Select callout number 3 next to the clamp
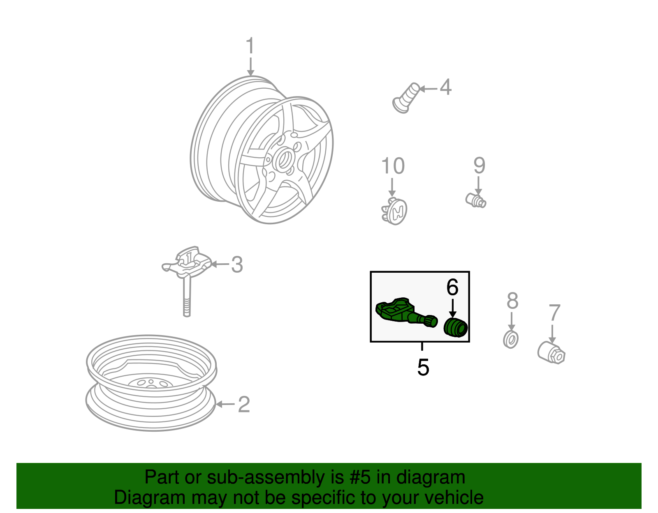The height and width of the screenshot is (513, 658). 237,264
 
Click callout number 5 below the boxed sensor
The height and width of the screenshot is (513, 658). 423,367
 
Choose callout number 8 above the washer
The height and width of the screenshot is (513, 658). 512,300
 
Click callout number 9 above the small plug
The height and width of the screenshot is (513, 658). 480,165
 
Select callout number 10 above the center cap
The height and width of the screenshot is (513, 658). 393,166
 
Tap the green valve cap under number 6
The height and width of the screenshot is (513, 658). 455,327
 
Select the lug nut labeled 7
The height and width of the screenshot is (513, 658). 551,352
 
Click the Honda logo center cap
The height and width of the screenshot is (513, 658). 394,211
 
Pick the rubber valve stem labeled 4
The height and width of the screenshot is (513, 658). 406,98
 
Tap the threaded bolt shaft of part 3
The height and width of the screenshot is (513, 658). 187,297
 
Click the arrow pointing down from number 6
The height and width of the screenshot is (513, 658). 452,308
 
